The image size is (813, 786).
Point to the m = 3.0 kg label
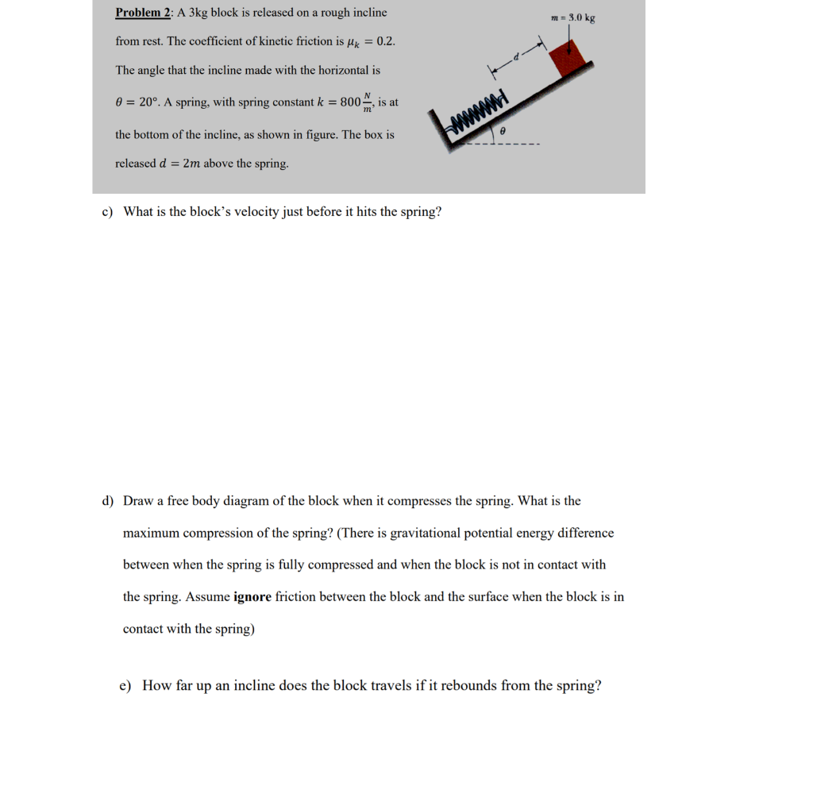pos(572,17)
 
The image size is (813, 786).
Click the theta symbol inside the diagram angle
pos(503,128)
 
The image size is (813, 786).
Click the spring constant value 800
pos(350,102)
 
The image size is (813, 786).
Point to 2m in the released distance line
pos(191,164)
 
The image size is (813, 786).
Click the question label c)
pos(107,212)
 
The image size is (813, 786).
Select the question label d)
pos(107,501)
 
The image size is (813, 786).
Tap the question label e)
pos(125,686)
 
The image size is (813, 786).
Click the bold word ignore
pos(252,597)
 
